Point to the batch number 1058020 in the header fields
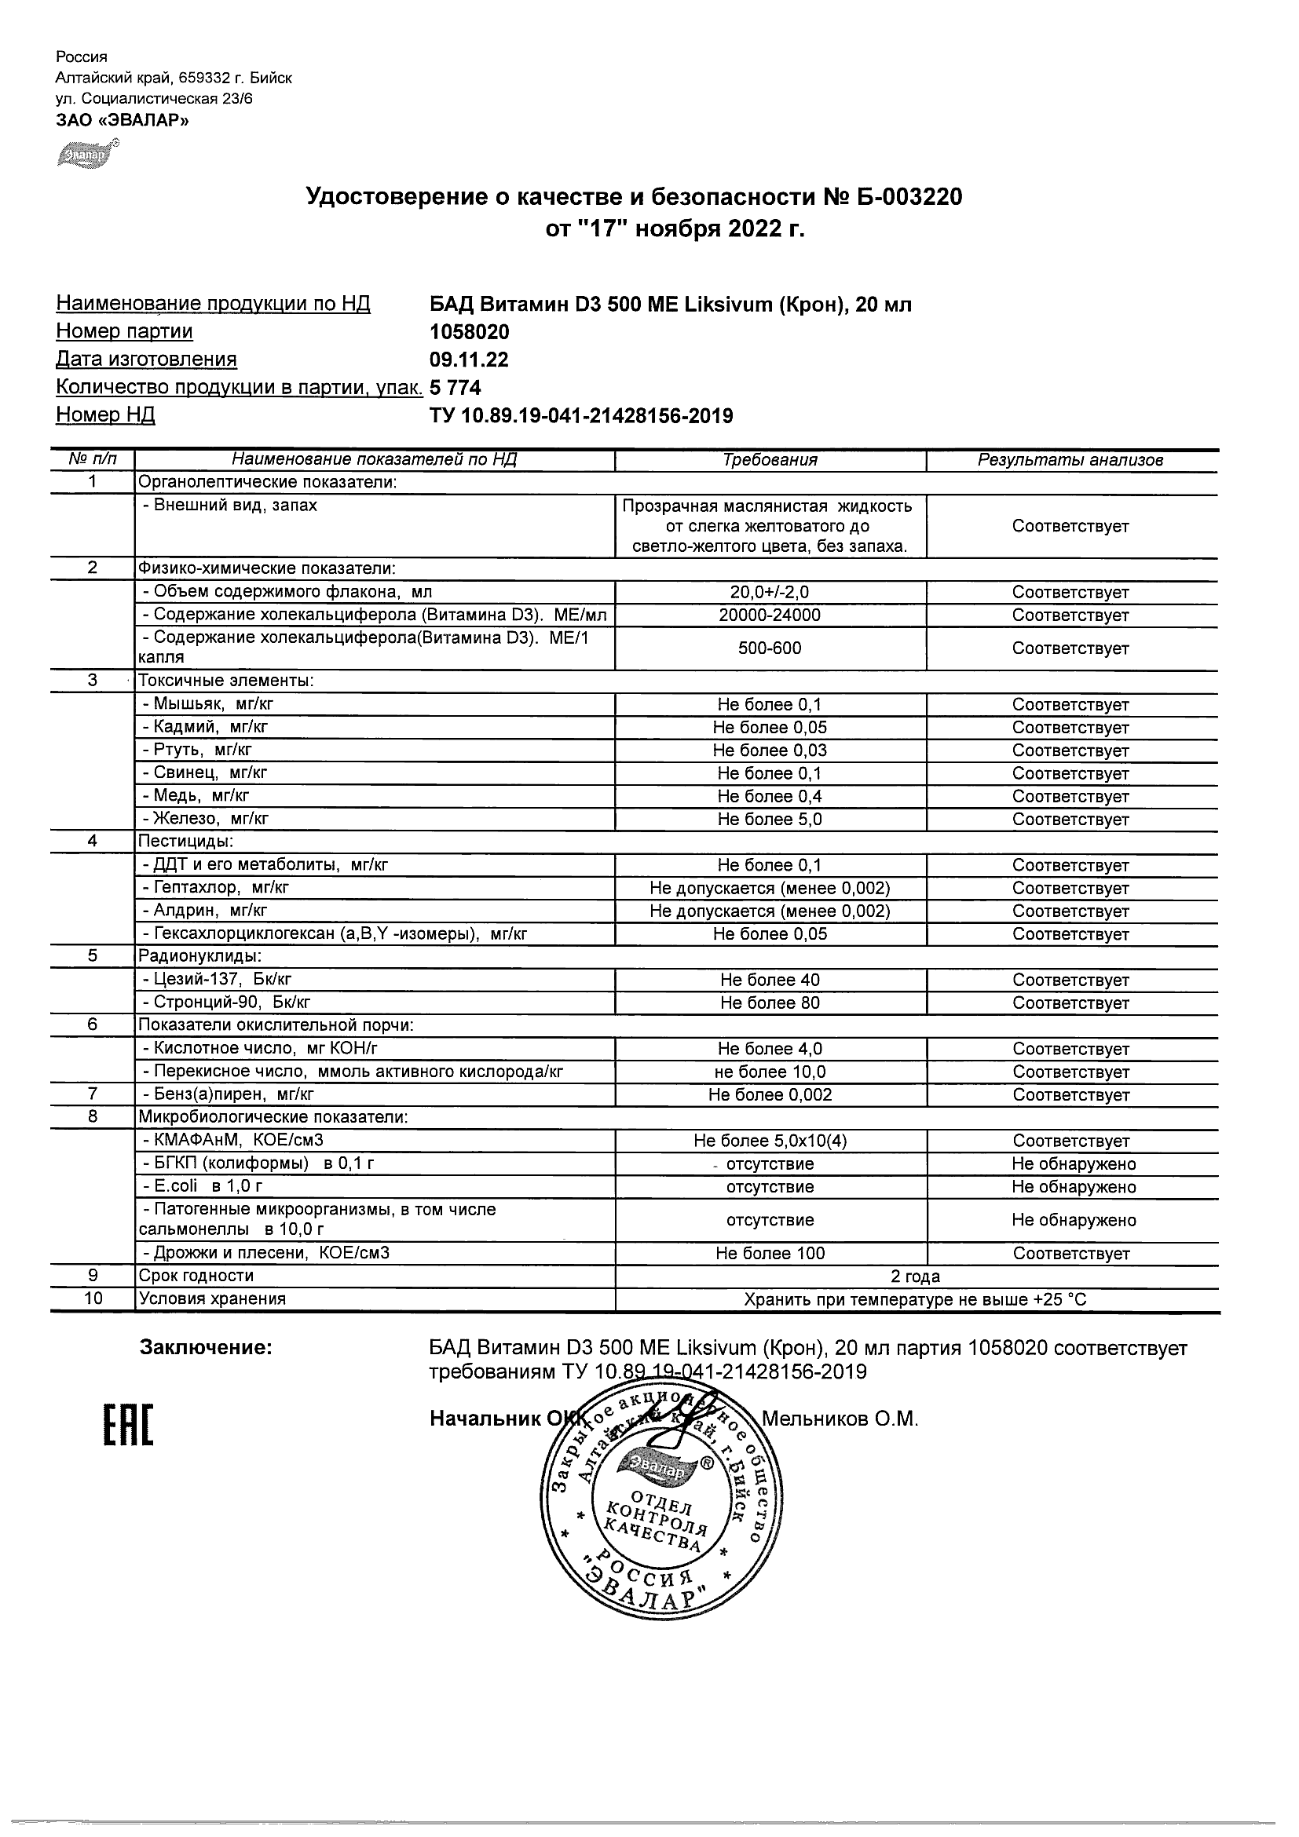(469, 331)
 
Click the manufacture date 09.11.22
(469, 360)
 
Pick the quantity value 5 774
(456, 387)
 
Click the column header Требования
(770, 460)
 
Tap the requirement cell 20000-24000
(770, 615)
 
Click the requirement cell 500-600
(770, 648)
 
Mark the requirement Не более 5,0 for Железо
(770, 820)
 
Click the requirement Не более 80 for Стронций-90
(770, 1003)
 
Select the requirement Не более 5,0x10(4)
(770, 1141)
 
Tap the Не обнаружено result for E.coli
(1074, 1186)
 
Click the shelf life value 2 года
(917, 1276)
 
